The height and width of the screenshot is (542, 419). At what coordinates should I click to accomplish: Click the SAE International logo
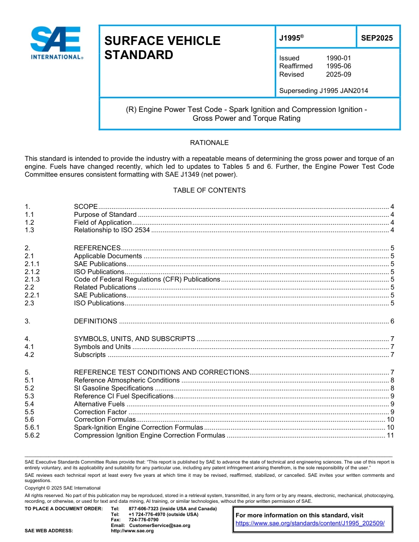tap(56, 43)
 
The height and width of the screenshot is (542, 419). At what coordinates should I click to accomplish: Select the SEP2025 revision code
tap(377, 38)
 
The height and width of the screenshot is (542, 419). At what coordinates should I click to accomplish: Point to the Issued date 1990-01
tap(338, 58)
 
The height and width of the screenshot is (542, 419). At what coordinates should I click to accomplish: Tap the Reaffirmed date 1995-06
tap(338, 66)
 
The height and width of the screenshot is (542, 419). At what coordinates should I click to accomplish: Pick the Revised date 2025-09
tap(338, 74)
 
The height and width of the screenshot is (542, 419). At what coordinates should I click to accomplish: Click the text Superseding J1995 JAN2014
tap(323, 91)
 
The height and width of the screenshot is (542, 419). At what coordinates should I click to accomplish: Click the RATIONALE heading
tap(209, 143)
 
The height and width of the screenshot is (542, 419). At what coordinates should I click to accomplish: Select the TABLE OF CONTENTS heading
tap(209, 190)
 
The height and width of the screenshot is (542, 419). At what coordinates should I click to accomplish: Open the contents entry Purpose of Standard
tap(105, 215)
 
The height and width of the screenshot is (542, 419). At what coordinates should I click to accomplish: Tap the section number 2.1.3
tap(32, 279)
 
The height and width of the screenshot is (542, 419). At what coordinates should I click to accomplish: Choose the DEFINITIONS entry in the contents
tap(95, 321)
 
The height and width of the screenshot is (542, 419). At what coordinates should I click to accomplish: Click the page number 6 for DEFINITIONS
tap(392, 321)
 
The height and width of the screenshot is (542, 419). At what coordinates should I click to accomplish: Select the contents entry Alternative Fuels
tap(99, 404)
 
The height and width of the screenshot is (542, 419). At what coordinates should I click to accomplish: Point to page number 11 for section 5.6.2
tap(390, 435)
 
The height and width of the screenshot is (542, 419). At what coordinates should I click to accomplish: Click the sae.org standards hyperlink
tap(310, 523)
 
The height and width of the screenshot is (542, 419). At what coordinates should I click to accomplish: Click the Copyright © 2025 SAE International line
tap(63, 488)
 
